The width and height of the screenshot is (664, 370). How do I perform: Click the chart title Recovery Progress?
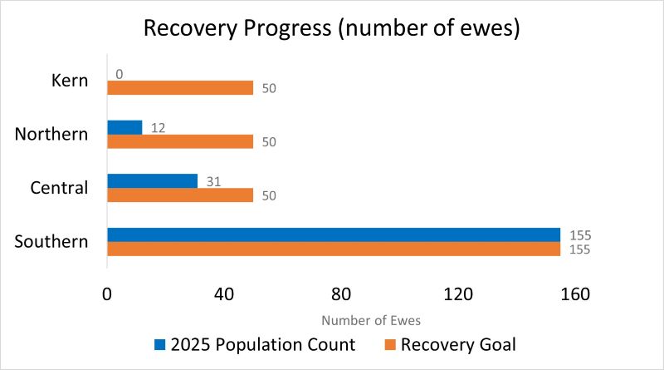coord(332,27)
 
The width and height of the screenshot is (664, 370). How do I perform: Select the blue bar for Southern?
coord(333,234)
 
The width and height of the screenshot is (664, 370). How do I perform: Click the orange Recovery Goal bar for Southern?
coord(333,249)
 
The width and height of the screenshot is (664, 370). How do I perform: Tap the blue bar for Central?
coord(152,180)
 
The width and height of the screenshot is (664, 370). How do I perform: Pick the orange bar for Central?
coord(180,195)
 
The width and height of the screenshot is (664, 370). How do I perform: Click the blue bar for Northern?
coord(124,127)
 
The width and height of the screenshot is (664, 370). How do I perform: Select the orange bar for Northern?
coord(180,141)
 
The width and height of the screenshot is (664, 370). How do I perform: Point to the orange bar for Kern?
coord(180,88)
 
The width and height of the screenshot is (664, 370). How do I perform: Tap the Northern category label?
coord(51,134)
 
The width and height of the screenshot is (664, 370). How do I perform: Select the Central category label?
coord(59,188)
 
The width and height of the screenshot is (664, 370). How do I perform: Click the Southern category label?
coord(51,242)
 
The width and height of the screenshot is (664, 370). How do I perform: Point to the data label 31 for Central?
coord(212,180)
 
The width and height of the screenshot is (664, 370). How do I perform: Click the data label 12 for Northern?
coord(157,127)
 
